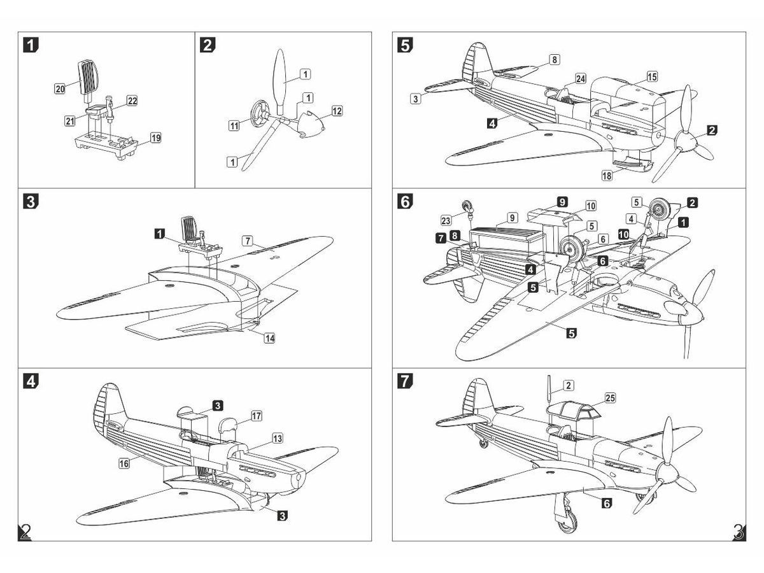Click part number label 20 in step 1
tap(60, 89)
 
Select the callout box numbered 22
tap(132, 101)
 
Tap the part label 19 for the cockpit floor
tap(156, 138)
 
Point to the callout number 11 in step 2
tap(234, 127)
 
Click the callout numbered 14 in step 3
tap(270, 338)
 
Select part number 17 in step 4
tap(256, 416)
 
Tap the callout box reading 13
tap(278, 439)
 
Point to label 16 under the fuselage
tap(124, 464)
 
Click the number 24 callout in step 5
tap(580, 78)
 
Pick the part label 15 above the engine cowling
tap(651, 76)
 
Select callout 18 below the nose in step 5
tap(609, 174)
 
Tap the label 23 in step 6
tap(446, 220)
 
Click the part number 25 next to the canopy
tap(610, 398)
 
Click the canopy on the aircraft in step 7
tap(573, 411)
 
